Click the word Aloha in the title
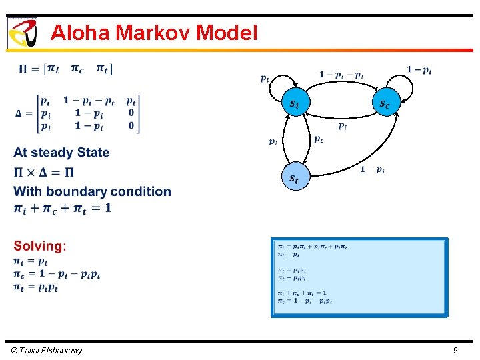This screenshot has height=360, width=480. pos(80,33)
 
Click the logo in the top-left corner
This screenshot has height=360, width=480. pos(22,33)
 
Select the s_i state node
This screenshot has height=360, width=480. pos(295,103)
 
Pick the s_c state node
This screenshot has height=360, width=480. pos(385,103)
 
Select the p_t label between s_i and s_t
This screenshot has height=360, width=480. pos(319,139)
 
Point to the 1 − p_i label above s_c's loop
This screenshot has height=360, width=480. pos(419,70)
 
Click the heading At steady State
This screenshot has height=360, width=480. pos(61,153)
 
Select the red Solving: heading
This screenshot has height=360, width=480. pos(40,246)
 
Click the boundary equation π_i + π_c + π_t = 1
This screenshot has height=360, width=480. pos(63,209)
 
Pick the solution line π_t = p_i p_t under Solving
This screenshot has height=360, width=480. pos(36,287)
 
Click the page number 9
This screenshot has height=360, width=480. pos(455,350)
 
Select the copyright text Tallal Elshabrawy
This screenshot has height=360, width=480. pos(47,350)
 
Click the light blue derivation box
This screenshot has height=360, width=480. pos(359,276)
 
